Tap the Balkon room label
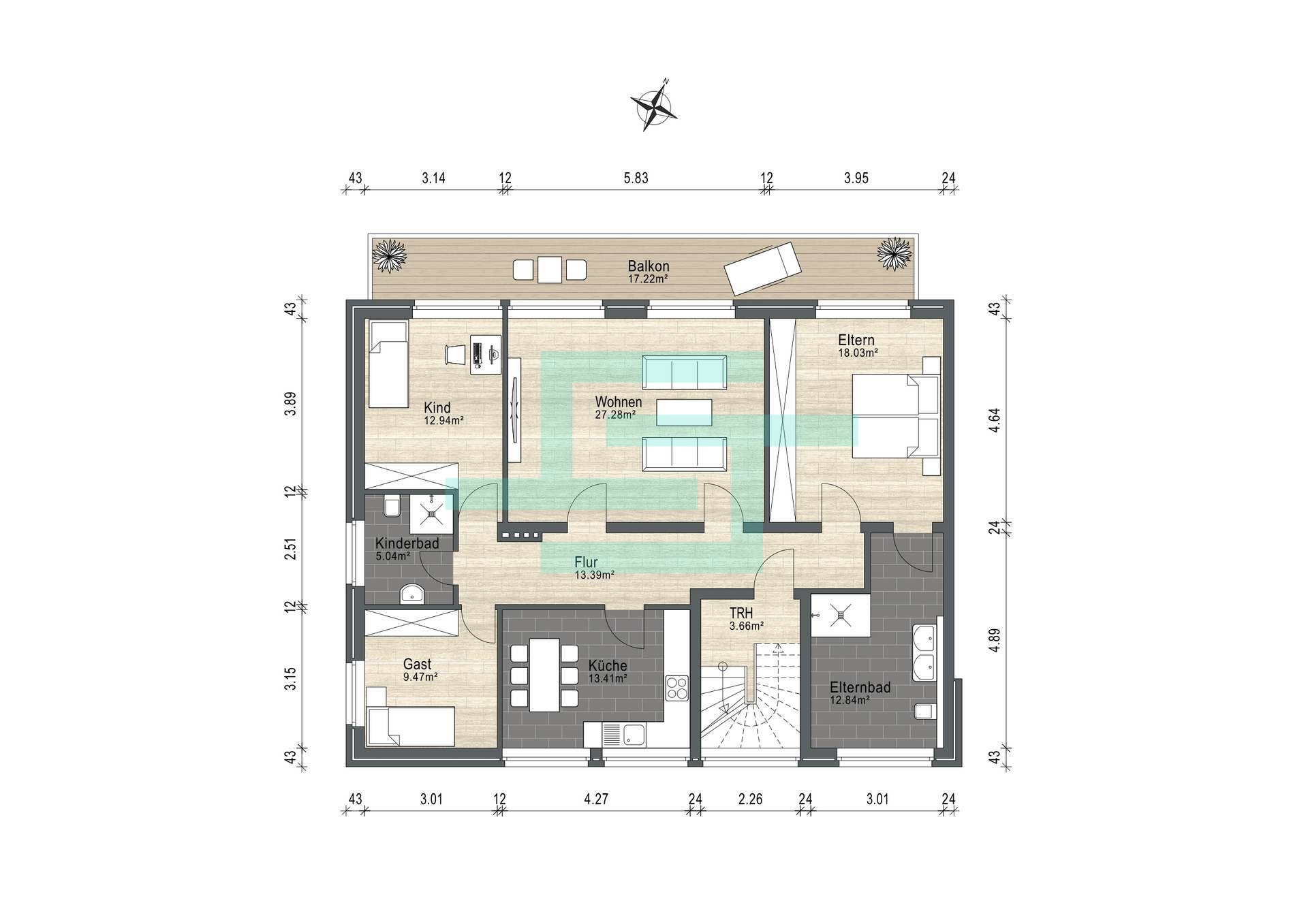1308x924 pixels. click(649, 266)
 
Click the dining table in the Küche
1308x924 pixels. click(544, 675)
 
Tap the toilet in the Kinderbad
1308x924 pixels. click(392, 508)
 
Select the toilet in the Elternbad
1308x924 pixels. click(924, 712)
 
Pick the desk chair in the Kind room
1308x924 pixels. click(454, 355)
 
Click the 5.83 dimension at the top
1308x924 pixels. click(636, 178)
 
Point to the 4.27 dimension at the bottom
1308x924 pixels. click(596, 799)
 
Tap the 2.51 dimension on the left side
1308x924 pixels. click(290, 549)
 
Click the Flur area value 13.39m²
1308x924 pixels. click(595, 575)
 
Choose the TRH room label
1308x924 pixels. click(740, 613)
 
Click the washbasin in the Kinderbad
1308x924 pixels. click(412, 594)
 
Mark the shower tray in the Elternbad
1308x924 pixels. click(840, 616)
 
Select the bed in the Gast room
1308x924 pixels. click(410, 726)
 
